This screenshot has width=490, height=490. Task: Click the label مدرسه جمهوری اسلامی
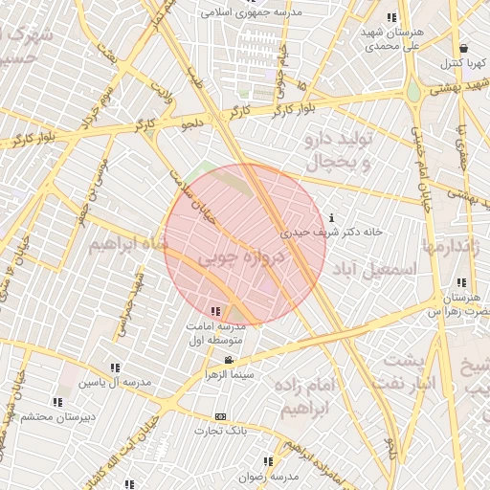coord(250,13)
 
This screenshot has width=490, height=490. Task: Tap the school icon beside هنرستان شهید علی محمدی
coord(391,18)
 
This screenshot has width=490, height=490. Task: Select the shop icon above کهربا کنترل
coord(463,48)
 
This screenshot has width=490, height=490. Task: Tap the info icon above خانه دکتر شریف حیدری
coord(331,216)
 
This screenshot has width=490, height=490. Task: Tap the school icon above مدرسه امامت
coord(215,311)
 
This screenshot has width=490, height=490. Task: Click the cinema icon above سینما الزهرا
coord(228,360)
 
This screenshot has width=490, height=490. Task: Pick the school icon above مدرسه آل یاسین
coord(116,367)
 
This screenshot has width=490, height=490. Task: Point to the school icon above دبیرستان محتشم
coord(56,402)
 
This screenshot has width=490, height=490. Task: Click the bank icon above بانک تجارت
coord(221,417)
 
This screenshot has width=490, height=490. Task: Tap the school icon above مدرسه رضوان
coord(268,461)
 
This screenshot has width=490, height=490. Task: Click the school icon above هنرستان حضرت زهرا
coord(462,282)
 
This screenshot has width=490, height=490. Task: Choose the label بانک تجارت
coord(221,432)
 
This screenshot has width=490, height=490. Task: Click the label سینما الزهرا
coord(228,374)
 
